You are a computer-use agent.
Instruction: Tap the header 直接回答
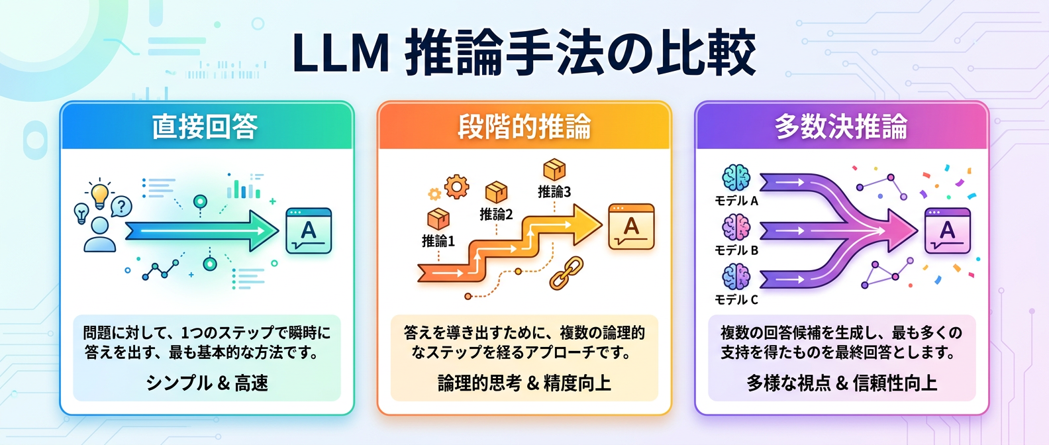pyautogui.click(x=205, y=126)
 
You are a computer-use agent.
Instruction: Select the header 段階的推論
pyautogui.click(x=524, y=126)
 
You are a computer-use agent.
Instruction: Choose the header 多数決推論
pyautogui.click(x=841, y=126)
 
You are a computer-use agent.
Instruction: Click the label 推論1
pyautogui.click(x=438, y=241)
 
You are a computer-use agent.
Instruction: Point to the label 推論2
pyautogui.click(x=496, y=214)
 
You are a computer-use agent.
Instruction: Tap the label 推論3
pyautogui.click(x=554, y=191)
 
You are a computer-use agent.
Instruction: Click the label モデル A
pyautogui.click(x=736, y=201)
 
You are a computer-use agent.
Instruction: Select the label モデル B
pyautogui.click(x=736, y=250)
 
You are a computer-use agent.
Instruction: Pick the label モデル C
pyautogui.click(x=736, y=300)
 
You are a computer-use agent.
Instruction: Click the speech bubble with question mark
pyautogui.click(x=121, y=207)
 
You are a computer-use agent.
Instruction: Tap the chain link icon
pyautogui.click(x=566, y=273)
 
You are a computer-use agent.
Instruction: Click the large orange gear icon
pyautogui.click(x=456, y=187)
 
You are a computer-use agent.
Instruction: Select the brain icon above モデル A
pyautogui.click(x=736, y=177)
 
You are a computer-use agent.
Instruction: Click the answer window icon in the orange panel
pyautogui.click(x=631, y=227)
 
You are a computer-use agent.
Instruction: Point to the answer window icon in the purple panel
pyautogui.click(x=947, y=230)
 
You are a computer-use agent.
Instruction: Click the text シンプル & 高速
pyautogui.click(x=207, y=383)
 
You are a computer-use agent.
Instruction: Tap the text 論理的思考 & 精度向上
pyautogui.click(x=524, y=383)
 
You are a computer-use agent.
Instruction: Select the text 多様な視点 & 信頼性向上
pyautogui.click(x=841, y=383)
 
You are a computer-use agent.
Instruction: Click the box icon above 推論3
pyautogui.click(x=554, y=170)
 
